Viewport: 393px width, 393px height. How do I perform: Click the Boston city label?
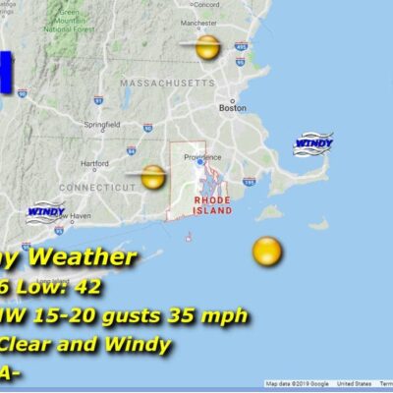pos(233,108)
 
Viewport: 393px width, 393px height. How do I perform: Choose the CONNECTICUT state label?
pos(96,187)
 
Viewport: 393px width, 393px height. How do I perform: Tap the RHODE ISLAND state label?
pos(212,204)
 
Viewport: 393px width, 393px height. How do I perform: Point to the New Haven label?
pos(72,215)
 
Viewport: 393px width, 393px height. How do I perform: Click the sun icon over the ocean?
pos(266,252)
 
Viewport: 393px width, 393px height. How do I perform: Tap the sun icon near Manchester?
pos(206,46)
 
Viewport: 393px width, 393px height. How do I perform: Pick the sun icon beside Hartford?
pos(152,178)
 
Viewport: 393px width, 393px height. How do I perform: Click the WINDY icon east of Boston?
pos(312,143)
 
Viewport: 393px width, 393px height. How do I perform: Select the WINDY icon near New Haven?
pos(45,212)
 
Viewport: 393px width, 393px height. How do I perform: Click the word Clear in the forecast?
pos(26,345)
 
